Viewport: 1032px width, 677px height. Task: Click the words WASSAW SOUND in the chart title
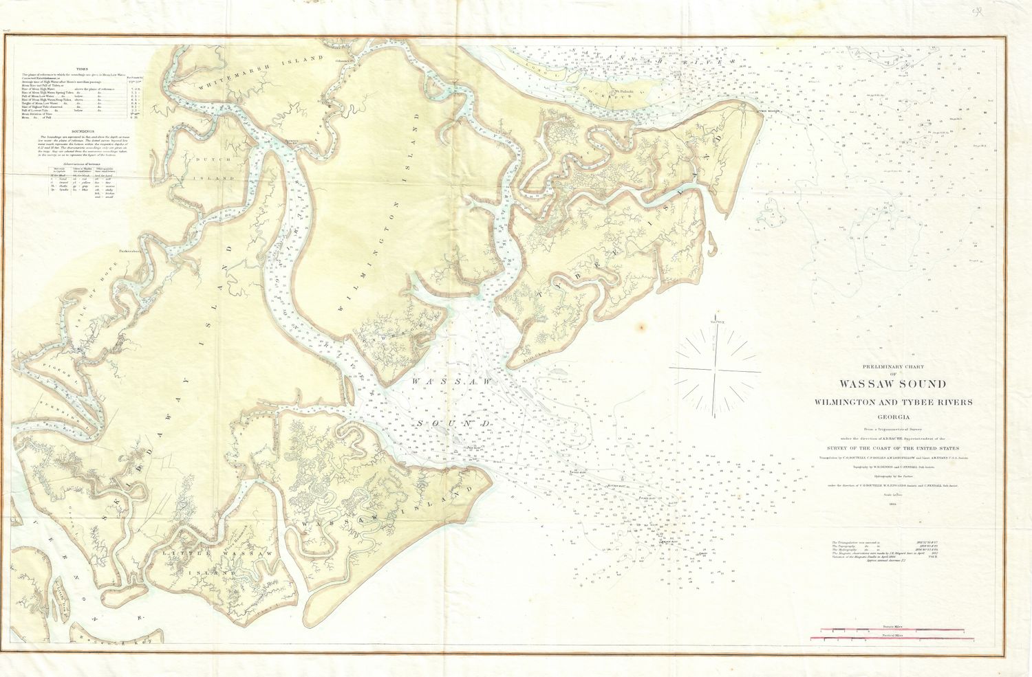point(892,384)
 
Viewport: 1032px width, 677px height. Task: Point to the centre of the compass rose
point(716,370)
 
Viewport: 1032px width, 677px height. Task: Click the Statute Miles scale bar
point(890,629)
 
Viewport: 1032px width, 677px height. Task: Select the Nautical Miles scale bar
point(890,639)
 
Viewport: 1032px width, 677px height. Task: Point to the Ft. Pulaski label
point(623,91)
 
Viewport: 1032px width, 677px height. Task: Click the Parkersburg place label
point(129,250)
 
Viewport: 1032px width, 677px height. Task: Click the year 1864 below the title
point(892,504)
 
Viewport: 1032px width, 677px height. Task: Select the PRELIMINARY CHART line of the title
point(892,366)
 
